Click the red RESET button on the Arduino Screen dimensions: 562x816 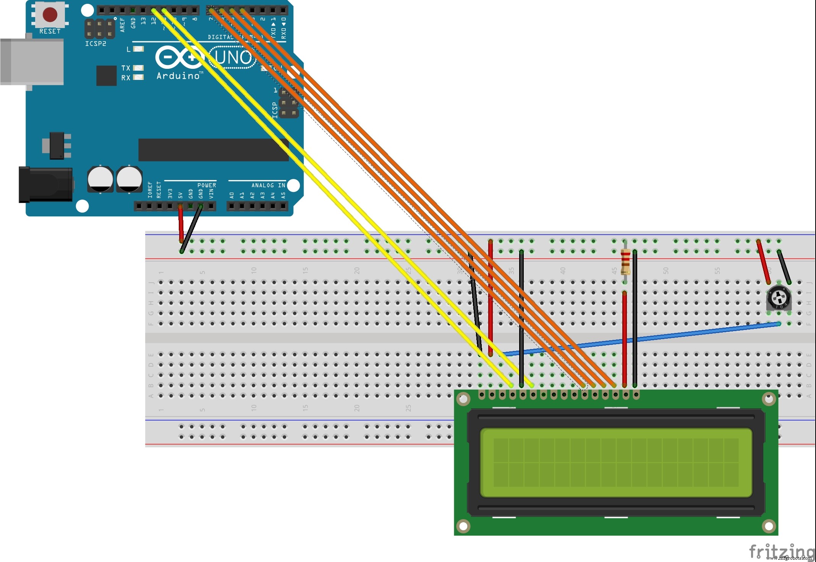[x=50, y=15]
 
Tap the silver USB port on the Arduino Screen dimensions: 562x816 [x=32, y=61]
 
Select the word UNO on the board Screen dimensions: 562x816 [x=233, y=58]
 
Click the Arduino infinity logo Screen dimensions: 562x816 [x=180, y=58]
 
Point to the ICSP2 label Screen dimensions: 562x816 [x=96, y=44]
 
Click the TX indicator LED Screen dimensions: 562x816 [x=138, y=68]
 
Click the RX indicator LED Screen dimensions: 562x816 [x=138, y=78]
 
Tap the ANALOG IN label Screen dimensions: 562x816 [x=268, y=185]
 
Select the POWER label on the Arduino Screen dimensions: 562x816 [x=207, y=185]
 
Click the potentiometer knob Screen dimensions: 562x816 [x=779, y=298]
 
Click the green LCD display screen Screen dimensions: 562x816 [x=616, y=463]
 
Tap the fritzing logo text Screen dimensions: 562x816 [x=781, y=551]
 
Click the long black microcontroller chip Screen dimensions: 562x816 [x=213, y=150]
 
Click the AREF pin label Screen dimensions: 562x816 [x=123, y=24]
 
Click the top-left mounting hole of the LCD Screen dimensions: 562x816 [x=463, y=400]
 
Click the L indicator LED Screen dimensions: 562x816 [x=138, y=49]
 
